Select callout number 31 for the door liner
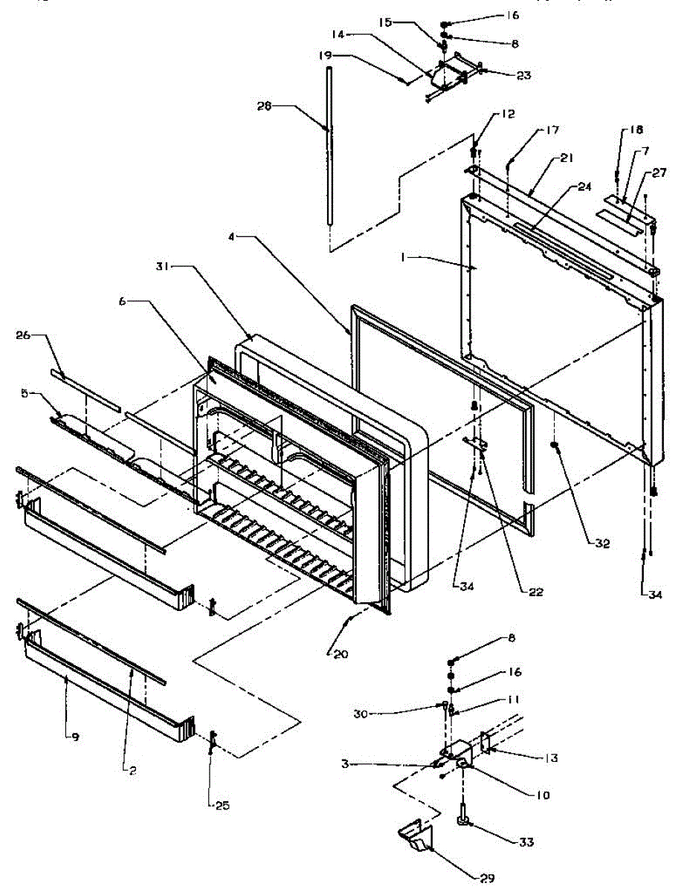[165, 265]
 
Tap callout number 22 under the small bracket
[535, 592]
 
